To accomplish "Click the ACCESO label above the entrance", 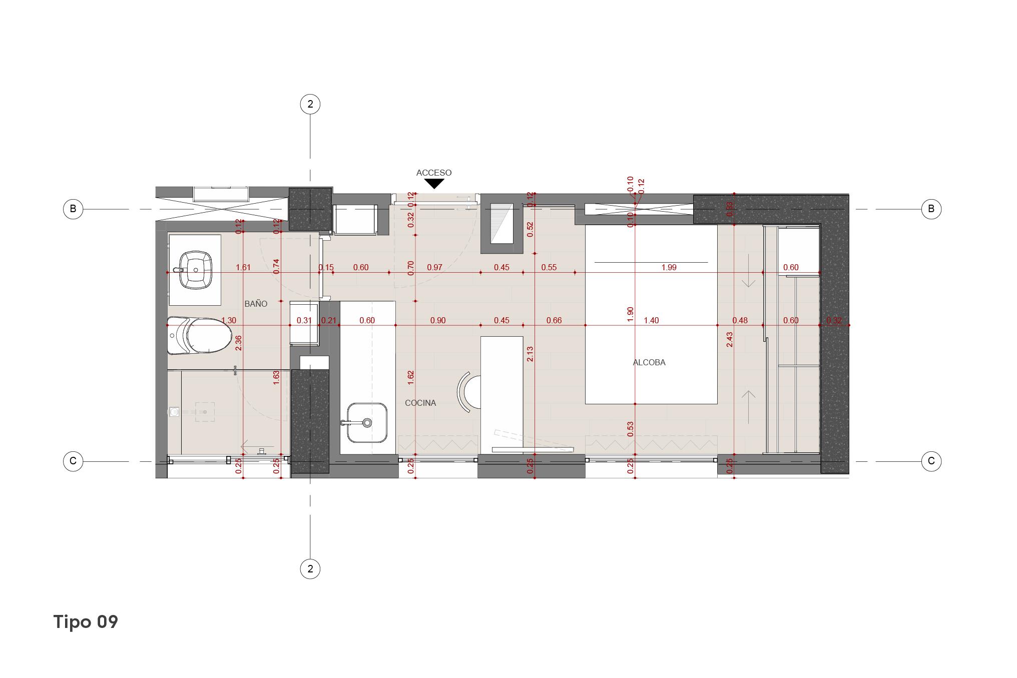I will tap(433, 173).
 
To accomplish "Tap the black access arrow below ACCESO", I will tap(434, 184).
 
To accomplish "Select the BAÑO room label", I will tap(256, 304).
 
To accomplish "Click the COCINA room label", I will tap(420, 403).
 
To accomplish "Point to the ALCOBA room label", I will tap(649, 362).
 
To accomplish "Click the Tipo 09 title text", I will tap(86, 622).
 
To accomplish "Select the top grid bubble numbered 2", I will tap(310, 104).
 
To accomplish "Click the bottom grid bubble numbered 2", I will tap(310, 569).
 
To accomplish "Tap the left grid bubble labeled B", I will tap(73, 209).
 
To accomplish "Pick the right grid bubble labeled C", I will tap(931, 461).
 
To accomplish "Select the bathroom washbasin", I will tap(195, 270).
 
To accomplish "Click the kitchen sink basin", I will tap(367, 423).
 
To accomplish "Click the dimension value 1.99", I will tap(669, 267).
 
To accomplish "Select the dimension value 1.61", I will tap(243, 267).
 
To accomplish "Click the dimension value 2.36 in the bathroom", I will tap(239, 343).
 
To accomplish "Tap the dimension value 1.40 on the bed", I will tap(651, 320).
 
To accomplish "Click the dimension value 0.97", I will tap(434, 267).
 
